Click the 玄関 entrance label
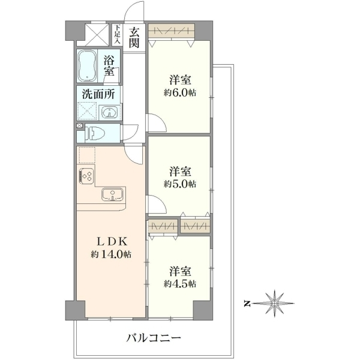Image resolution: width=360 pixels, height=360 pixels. point(134,37)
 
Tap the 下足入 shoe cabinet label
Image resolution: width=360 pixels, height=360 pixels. point(118,34)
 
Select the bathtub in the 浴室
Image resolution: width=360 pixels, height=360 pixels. point(86,66)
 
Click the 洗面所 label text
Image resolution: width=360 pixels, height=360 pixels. point(98,94)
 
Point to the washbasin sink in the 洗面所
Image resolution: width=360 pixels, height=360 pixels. point(110,113)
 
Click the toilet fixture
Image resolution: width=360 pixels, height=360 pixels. point(94,133)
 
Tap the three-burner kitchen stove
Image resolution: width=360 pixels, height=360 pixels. point(86,176)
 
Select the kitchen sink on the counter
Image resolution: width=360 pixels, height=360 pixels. point(113,194)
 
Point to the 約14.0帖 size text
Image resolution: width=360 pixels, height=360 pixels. point(111,254)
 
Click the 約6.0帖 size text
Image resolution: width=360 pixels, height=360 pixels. point(180,93)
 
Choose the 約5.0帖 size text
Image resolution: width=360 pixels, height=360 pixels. point(180,184)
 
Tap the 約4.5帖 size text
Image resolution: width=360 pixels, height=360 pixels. point(180,284)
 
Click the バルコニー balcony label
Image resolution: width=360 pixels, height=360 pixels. point(154,338)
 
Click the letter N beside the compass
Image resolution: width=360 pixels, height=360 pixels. point(247,304)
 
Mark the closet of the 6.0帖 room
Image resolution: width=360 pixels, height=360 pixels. point(172,31)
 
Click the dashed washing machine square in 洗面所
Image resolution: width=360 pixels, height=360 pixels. point(87,110)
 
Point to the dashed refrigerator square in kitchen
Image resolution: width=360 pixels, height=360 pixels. point(87,155)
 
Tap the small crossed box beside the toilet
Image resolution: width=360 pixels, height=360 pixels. point(79,125)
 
